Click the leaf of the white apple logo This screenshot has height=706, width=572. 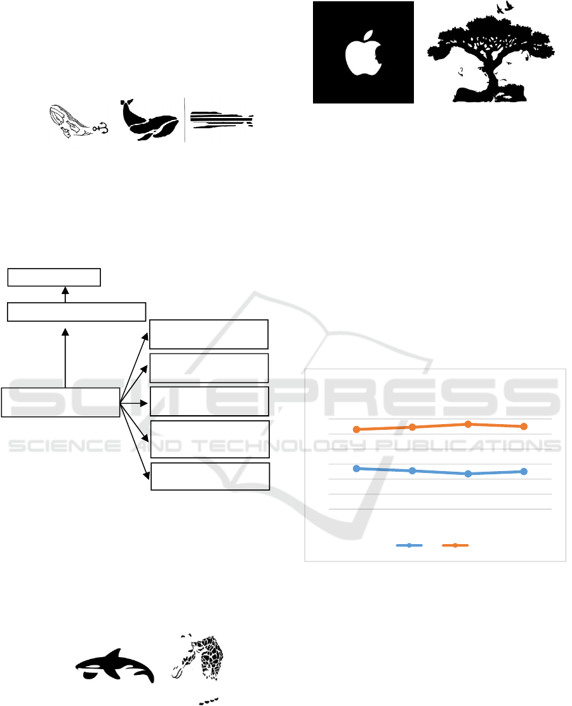tap(369, 36)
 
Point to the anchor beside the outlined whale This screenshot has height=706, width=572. tap(102, 130)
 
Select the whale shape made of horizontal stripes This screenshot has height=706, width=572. tap(222, 120)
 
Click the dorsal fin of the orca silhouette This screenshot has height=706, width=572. tap(116, 654)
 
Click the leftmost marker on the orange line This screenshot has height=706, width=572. tap(357, 430)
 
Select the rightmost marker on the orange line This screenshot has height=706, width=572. tap(524, 427)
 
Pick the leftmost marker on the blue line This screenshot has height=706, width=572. tap(357, 469)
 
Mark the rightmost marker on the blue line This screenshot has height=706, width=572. tap(524, 472)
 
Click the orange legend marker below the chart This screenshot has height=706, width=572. tap(455, 545)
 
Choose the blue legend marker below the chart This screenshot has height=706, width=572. tap(409, 545)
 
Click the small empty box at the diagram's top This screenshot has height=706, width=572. tap(54, 277)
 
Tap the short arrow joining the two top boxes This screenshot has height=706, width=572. tap(65, 295)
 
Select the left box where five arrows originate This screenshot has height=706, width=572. tap(60, 402)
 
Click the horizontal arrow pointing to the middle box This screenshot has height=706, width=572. tap(134, 403)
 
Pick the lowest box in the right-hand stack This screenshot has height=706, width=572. tap(210, 476)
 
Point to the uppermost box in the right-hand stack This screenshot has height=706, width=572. tap(208, 335)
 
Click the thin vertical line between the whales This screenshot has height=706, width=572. tap(185, 120)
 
